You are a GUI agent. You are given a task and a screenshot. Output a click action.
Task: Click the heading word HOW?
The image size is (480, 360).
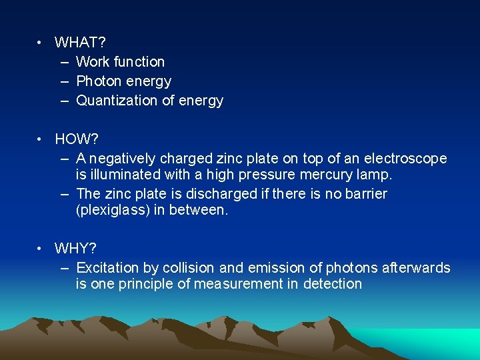click(76, 139)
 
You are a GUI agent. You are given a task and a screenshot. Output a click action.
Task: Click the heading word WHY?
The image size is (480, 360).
click(75, 249)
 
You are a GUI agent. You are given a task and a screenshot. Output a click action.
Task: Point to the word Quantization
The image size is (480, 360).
click(117, 101)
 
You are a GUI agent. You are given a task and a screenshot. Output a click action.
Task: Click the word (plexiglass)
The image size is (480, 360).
click(111, 210)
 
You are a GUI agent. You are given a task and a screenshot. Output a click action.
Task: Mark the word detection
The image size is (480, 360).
click(333, 284)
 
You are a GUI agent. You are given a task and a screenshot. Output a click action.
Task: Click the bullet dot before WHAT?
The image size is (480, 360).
click(41, 43)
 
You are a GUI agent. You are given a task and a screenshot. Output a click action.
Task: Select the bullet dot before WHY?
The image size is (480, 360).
click(41, 249)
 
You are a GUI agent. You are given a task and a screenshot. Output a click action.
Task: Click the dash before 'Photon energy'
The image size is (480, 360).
click(64, 81)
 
